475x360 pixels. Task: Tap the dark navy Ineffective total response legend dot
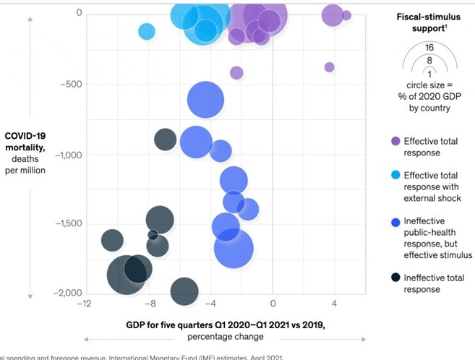395,278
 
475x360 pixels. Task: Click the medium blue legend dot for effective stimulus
395,222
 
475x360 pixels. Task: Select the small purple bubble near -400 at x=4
330,67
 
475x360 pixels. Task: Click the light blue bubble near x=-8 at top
147,31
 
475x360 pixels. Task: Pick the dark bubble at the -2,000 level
185,291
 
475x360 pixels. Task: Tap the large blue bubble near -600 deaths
206,101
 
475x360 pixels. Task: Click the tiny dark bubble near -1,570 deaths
153,234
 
